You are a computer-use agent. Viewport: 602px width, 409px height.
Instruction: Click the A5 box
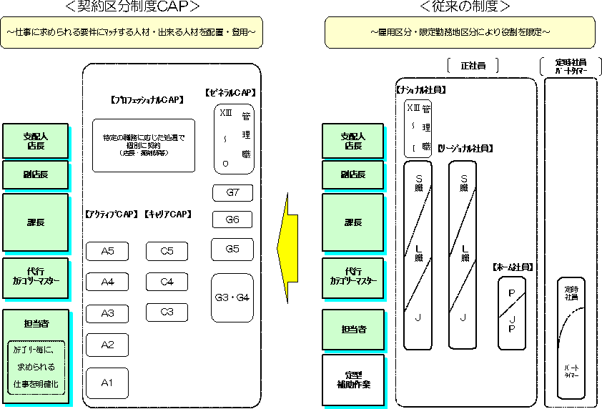(107, 251)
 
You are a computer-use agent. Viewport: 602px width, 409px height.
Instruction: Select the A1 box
(107, 383)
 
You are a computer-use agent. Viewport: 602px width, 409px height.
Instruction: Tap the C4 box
(167, 282)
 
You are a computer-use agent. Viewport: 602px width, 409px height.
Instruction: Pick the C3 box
(167, 312)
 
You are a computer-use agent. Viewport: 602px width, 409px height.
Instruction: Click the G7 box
(232, 192)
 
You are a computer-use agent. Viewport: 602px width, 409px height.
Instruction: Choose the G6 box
(232, 220)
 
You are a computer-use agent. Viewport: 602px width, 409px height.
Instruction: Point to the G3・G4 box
(232, 297)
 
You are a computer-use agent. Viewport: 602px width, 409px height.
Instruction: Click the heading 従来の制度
(465, 8)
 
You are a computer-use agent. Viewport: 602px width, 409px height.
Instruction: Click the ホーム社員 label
(513, 267)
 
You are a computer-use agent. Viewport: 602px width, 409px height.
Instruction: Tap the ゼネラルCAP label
(230, 92)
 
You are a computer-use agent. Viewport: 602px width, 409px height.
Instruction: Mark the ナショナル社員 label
(421, 90)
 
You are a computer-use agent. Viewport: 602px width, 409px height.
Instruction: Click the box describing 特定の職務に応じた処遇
(144, 145)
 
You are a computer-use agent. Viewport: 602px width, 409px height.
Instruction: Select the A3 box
(107, 313)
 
